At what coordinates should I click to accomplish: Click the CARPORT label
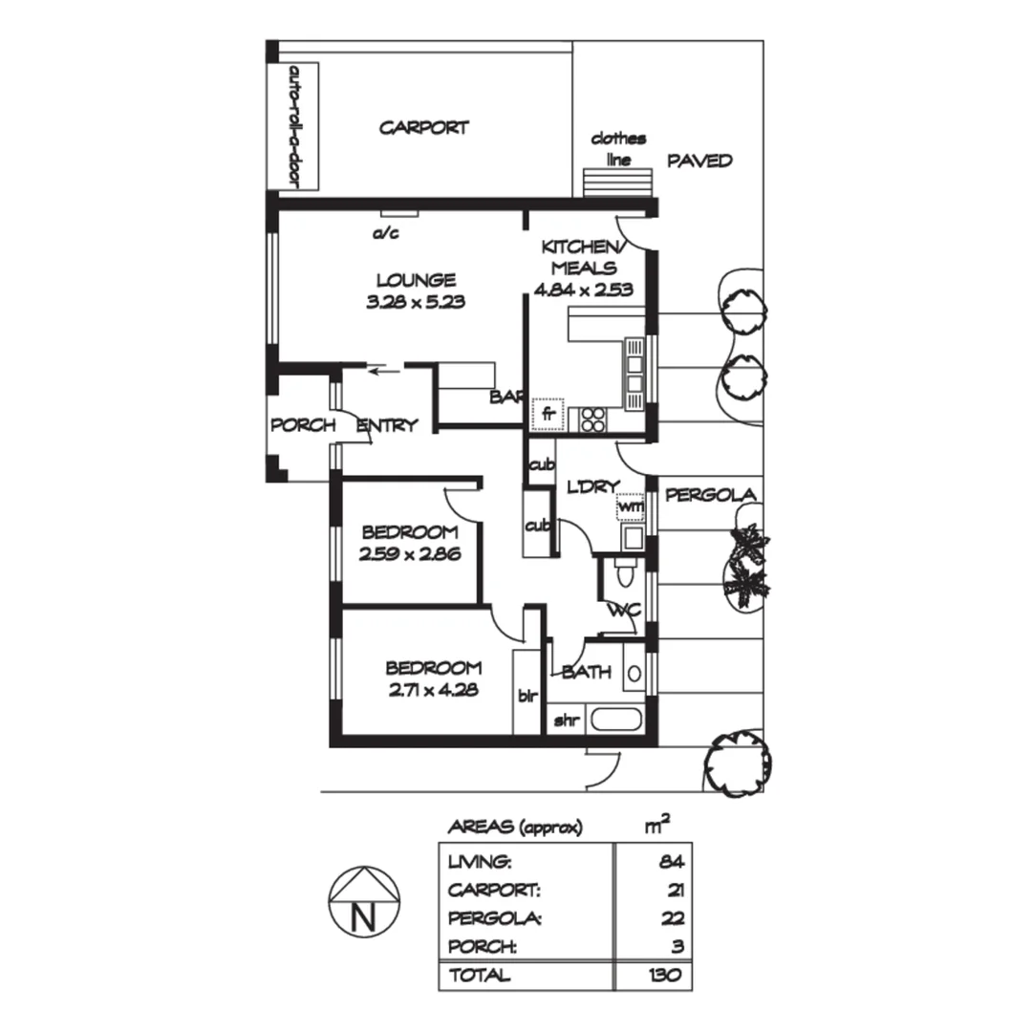[x=423, y=127]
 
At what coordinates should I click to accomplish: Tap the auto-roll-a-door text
[x=293, y=125]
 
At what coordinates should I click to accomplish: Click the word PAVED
[x=699, y=161]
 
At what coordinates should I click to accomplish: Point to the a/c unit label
[x=385, y=232]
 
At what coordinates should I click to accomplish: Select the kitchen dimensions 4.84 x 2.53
[x=585, y=290]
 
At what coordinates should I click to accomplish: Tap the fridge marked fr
[x=548, y=414]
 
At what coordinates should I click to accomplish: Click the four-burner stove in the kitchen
[x=592, y=419]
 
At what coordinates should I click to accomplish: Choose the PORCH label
[x=303, y=425]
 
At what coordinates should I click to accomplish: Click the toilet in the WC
[x=624, y=574]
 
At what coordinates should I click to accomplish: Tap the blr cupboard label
[x=527, y=695]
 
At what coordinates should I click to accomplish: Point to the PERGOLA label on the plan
[x=711, y=495]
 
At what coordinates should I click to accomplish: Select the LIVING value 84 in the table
[x=672, y=861]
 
